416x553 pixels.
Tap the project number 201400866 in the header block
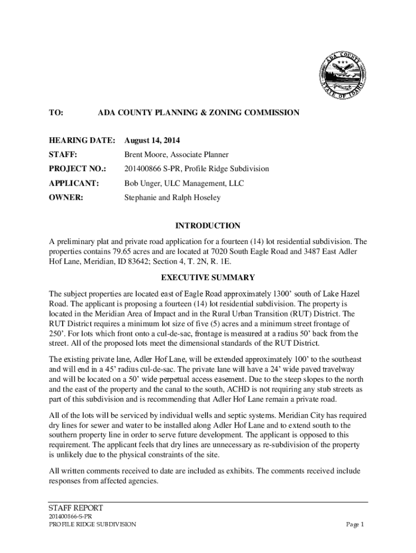pyautogui.click(x=142, y=169)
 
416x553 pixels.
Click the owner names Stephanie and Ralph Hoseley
pyautogui.click(x=172, y=198)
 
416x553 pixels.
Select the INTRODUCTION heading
pyautogui.click(x=208, y=226)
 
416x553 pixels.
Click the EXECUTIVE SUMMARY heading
pyautogui.click(x=208, y=278)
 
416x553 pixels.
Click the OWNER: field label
pyautogui.click(x=66, y=198)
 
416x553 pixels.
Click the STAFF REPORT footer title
pyautogui.click(x=76, y=508)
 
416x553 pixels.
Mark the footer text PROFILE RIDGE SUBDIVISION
pyautogui.click(x=92, y=524)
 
